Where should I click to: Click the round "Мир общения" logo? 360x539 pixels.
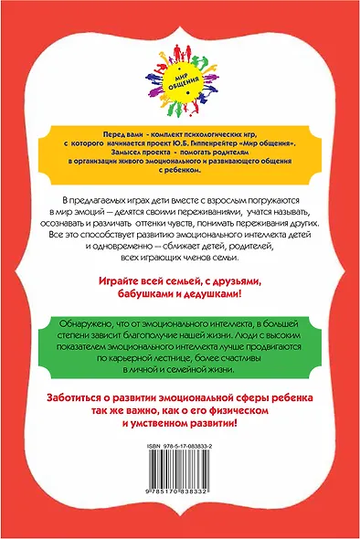coord(179,83)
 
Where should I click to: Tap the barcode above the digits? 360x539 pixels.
coord(179,481)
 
